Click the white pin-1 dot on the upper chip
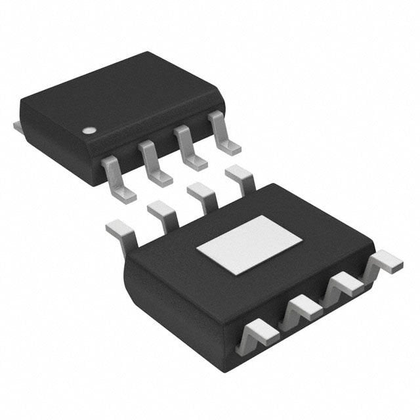(87, 130)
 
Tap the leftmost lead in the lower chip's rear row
(122, 231)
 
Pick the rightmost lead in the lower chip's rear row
(240, 178)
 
